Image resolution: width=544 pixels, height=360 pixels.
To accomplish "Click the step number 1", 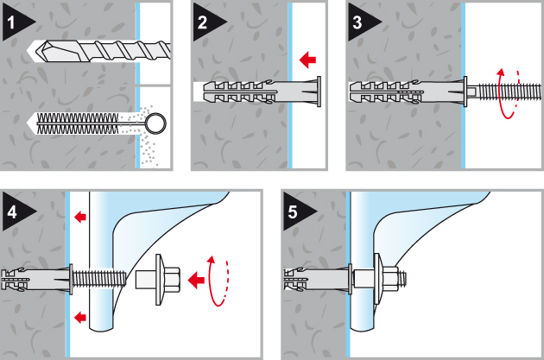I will pos(12,24).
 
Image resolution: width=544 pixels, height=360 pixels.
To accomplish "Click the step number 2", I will pos(203,24).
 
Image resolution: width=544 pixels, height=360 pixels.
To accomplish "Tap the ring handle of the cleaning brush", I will pos(156,124).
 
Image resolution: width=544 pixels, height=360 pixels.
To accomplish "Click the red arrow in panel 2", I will pos(306,60).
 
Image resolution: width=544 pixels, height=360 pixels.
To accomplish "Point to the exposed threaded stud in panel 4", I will pos(96,278).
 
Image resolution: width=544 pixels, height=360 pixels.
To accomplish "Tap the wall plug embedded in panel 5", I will pos(316,278).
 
